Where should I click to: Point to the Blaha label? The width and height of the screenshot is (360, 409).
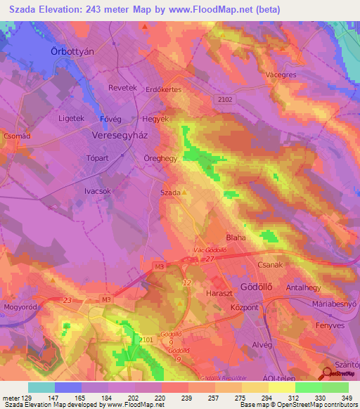click(x=236, y=238)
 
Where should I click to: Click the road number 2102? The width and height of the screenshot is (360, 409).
click(x=224, y=100)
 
